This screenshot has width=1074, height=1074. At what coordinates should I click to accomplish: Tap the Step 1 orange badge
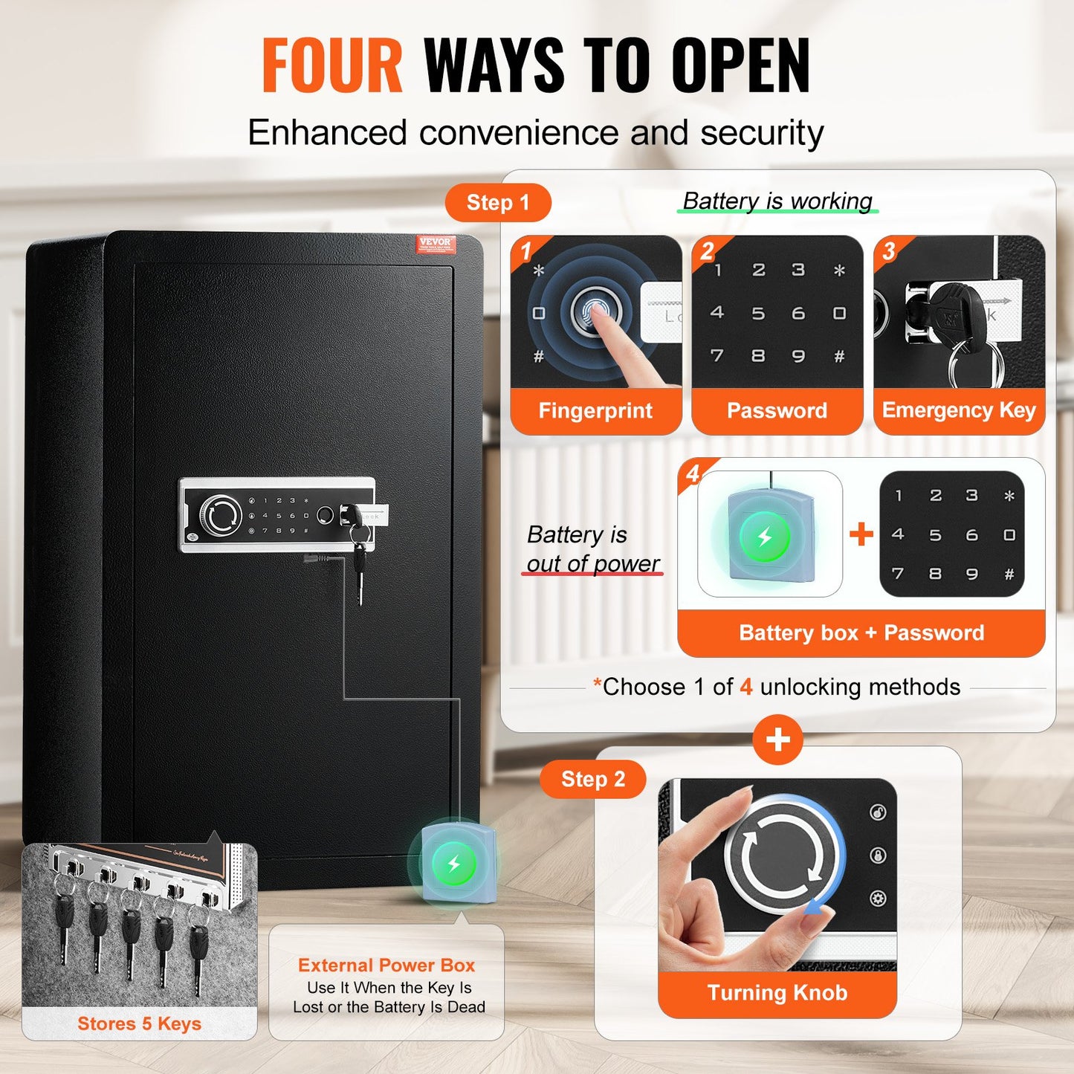coord(497,203)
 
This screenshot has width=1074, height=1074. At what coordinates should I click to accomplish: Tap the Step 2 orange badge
coord(592,779)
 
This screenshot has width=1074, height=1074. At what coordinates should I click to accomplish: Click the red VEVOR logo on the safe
coord(435,243)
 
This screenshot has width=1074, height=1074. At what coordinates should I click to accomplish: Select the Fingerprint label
coord(595,410)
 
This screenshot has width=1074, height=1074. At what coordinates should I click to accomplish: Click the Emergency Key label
coord(959,410)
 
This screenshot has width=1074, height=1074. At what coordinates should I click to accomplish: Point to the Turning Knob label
coord(777,993)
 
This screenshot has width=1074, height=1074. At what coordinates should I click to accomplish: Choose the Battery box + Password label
coord(861,633)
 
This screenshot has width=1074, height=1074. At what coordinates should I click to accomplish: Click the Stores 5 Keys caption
coord(139,1023)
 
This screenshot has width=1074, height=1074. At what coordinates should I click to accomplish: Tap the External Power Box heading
coord(386,965)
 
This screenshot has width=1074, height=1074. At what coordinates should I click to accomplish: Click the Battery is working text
coord(777,201)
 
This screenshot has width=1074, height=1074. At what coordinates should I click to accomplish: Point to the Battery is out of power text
coord(592,549)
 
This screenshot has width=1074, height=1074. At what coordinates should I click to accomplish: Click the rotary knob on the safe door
coord(221,515)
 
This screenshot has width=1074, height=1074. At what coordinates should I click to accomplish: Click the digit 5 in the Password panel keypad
coord(757,314)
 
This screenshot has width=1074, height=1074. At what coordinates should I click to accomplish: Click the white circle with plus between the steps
coord(777,740)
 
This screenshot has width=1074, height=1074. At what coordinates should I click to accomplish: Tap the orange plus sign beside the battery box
coord(861,534)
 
